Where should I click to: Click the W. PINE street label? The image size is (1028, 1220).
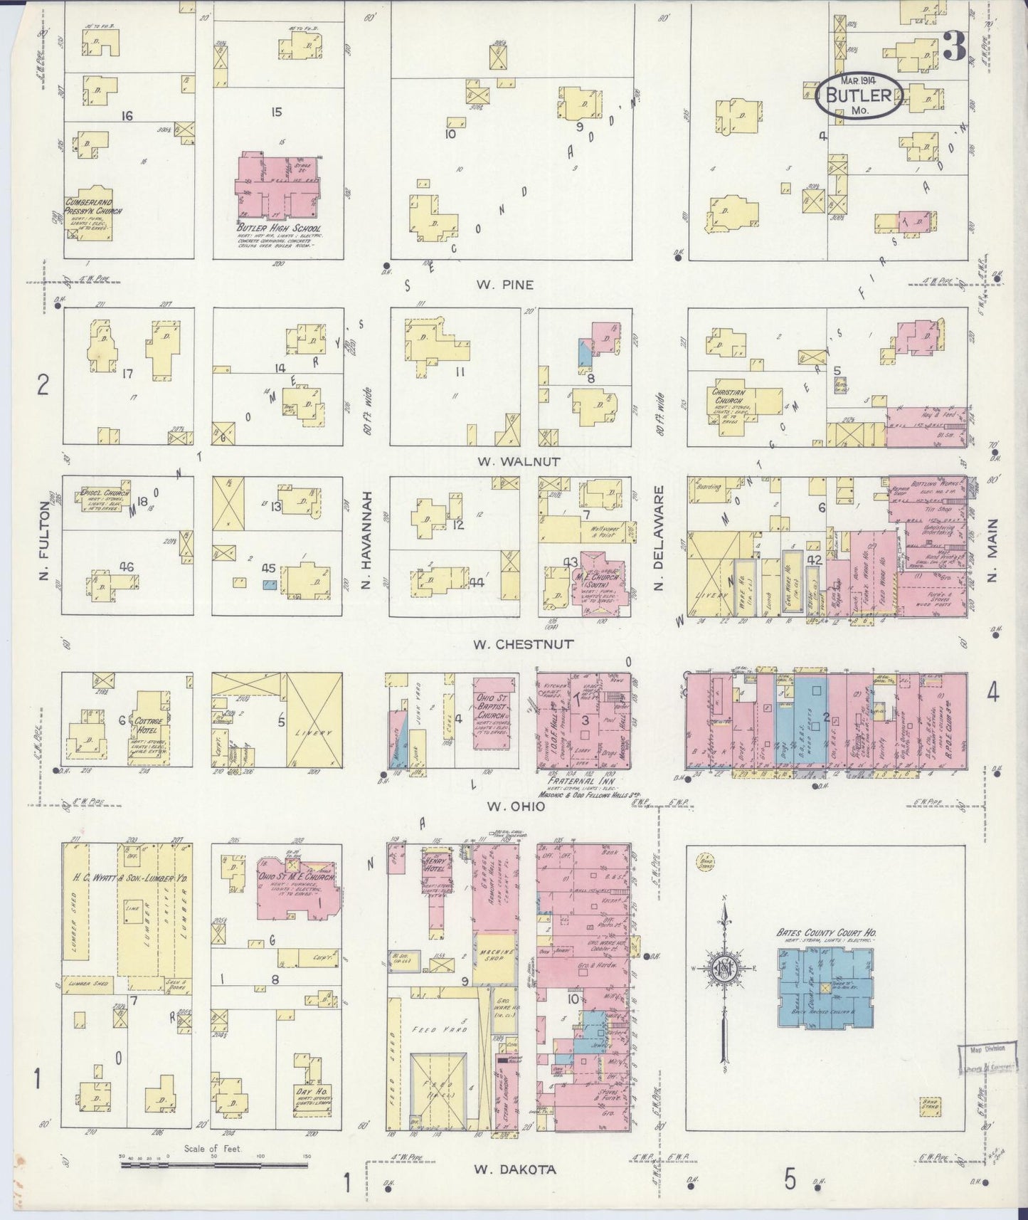pyautogui.click(x=505, y=285)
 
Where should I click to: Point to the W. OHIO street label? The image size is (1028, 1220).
pyautogui.click(x=515, y=806)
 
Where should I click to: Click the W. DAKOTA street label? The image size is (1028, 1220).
pyautogui.click(x=514, y=1169)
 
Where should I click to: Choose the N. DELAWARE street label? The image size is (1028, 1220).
pyautogui.click(x=658, y=537)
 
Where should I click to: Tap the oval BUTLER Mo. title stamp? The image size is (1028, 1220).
pyautogui.click(x=860, y=97)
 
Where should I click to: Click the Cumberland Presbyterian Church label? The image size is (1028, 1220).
pyautogui.click(x=93, y=206)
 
